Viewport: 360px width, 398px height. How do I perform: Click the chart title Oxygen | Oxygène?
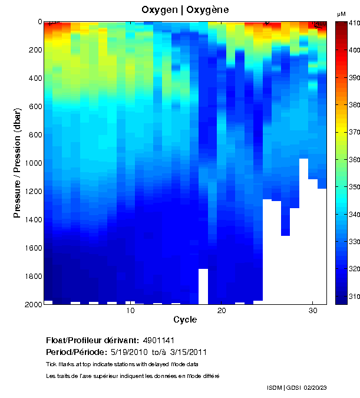(185, 10)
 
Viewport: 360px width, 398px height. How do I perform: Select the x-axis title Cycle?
(185, 320)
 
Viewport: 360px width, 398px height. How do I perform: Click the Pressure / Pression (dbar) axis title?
(18, 163)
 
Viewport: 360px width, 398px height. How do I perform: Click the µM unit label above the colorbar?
(341, 13)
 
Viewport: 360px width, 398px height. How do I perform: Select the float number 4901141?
(158, 341)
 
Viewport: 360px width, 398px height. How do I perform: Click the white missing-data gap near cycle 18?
(203, 286)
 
